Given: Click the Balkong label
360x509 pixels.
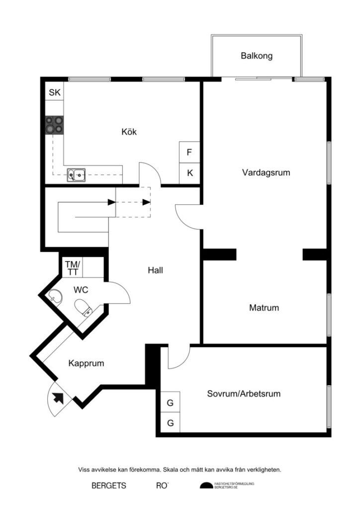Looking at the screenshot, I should point(257,56).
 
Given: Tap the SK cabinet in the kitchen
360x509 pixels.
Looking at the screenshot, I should point(55,92).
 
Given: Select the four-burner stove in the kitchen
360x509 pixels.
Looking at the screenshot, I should point(55,125).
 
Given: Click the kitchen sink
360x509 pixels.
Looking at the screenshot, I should point(77,174).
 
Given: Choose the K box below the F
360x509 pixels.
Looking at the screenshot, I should point(189,173).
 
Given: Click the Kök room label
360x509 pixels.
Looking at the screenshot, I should point(129,132).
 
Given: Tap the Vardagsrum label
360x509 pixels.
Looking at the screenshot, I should point(266,173).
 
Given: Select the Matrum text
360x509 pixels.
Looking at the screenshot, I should point(264,308).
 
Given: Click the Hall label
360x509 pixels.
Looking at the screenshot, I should point(155,270).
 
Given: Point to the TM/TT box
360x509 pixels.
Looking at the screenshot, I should point(73,268).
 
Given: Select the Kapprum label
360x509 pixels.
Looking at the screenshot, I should point(86,363).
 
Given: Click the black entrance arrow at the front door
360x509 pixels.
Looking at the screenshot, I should point(59,397).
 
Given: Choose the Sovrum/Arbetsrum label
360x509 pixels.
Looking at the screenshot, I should point(244,394).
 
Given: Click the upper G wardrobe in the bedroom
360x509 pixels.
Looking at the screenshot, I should point(170,403).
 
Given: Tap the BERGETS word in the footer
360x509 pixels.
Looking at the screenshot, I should point(108,486).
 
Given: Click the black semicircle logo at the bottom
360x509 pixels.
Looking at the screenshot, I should point(206,486).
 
